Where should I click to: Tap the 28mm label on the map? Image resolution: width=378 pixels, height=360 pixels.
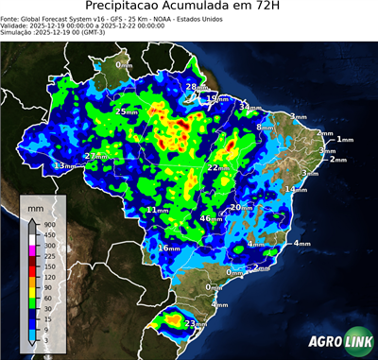tap(191, 87)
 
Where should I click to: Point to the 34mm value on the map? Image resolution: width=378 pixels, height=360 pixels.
tap(248, 108)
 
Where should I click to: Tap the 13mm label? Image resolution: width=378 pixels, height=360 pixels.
tap(63, 166)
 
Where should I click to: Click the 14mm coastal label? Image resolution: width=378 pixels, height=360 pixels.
tap(296, 190)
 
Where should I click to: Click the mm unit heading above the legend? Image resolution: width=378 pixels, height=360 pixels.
tap(36, 206)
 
